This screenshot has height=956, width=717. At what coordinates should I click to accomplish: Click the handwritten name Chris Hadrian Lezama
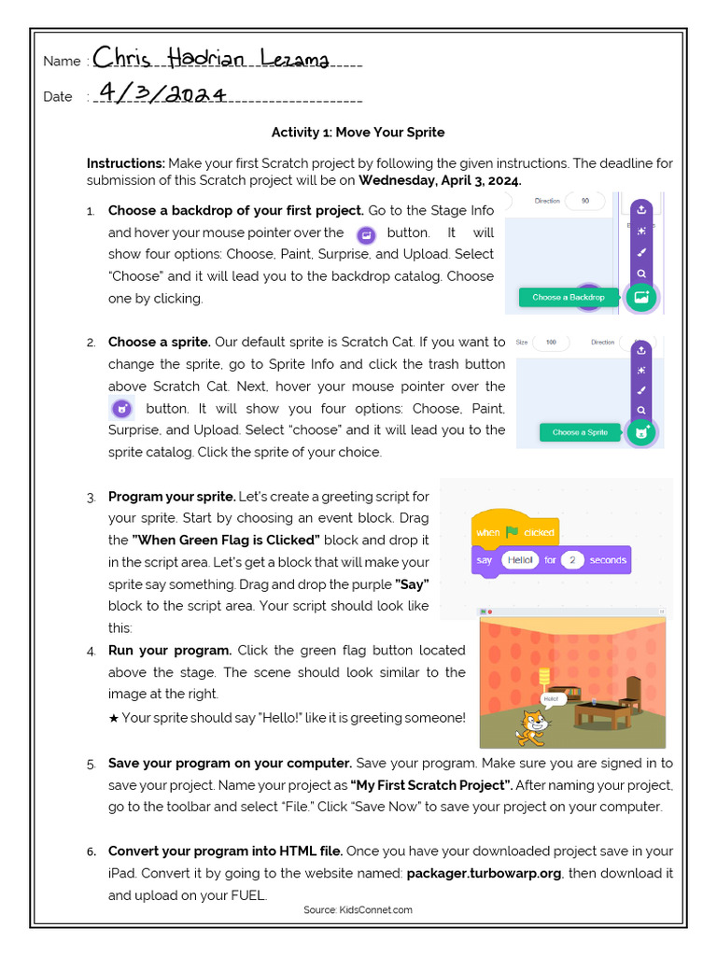tap(210, 59)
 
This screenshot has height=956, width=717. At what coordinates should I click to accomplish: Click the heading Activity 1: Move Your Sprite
tap(358, 133)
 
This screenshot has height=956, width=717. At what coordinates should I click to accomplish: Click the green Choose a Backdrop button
tap(568, 298)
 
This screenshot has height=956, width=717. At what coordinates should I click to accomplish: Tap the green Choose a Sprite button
tap(580, 432)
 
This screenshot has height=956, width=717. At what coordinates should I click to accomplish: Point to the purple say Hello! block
tap(551, 560)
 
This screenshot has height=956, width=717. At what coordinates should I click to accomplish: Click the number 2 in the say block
tap(573, 560)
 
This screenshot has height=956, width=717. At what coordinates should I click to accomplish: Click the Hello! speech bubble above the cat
tap(551, 697)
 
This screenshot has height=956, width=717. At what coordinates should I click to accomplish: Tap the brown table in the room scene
tap(602, 713)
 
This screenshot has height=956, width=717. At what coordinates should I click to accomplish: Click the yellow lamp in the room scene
tap(545, 674)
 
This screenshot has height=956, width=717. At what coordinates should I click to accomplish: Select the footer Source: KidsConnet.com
tap(358, 910)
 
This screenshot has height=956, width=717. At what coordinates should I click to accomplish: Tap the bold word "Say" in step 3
tap(412, 584)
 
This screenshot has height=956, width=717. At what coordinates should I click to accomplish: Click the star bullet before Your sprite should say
tap(114, 718)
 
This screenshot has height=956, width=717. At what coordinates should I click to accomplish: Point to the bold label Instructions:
tap(126, 163)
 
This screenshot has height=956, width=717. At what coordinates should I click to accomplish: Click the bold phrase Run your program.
tap(170, 650)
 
